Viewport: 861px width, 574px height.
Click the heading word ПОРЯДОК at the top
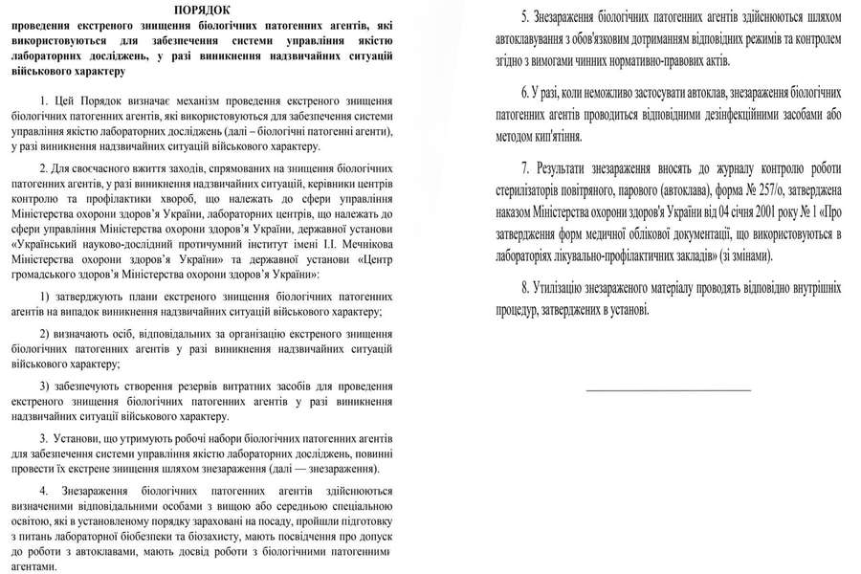[202, 8]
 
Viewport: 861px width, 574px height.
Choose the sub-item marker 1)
[47, 298]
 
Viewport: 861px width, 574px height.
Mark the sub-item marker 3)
[47, 385]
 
